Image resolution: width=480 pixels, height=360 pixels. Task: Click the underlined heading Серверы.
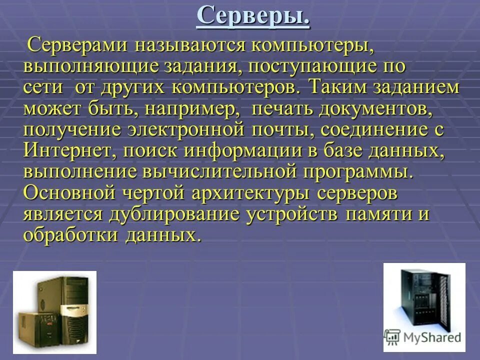pyautogui.click(x=253, y=16)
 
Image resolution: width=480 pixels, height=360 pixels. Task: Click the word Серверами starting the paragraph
pyautogui.click(x=79, y=45)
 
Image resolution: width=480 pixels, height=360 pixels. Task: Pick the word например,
pyautogui.click(x=211, y=109)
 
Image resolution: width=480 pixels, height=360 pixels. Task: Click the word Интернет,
pyautogui.click(x=66, y=151)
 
